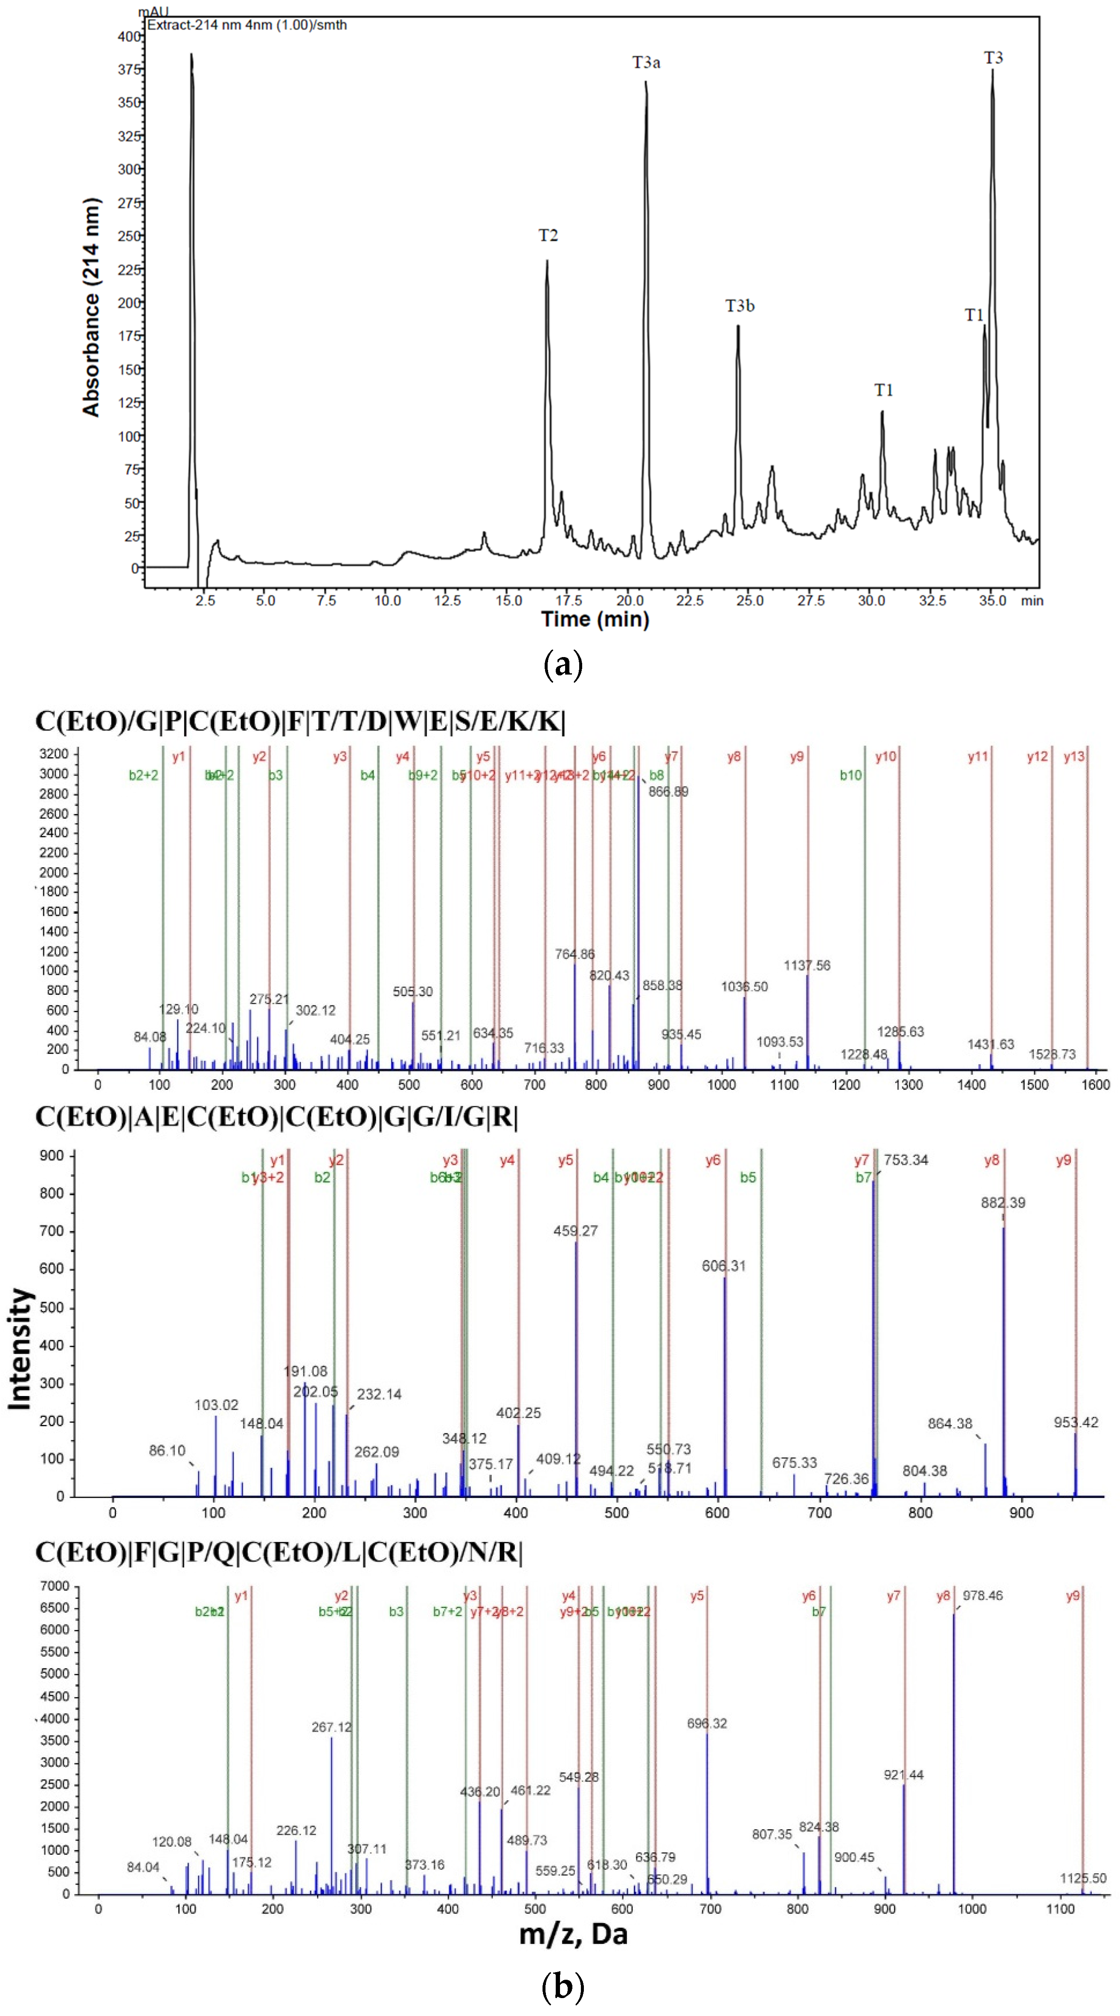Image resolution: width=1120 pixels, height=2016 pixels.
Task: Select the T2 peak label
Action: (x=548, y=235)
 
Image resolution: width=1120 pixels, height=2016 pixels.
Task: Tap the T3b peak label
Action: (x=740, y=306)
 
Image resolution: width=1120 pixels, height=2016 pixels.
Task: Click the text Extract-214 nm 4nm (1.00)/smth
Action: (x=247, y=25)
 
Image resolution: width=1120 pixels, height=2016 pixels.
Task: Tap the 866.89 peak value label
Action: (x=667, y=791)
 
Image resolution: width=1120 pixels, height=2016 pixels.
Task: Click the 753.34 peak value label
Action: (x=905, y=1160)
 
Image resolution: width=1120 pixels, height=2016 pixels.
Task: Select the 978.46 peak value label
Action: (x=982, y=1595)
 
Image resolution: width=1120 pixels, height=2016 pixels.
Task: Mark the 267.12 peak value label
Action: (x=331, y=1726)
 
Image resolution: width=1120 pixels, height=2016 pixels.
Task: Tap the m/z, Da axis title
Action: (x=573, y=1933)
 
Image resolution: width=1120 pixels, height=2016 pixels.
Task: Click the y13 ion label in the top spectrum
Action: (x=1074, y=756)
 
